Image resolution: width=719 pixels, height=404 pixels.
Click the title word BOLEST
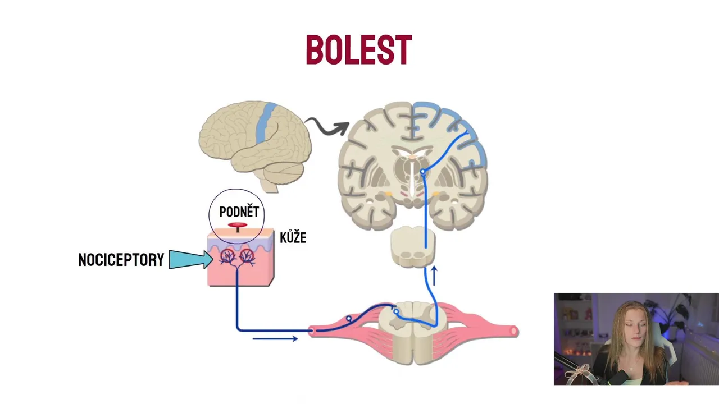click(x=358, y=50)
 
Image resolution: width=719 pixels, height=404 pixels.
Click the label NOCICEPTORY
click(x=121, y=260)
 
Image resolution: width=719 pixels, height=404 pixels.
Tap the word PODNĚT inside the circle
click(x=239, y=212)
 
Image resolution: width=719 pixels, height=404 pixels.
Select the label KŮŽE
click(x=293, y=237)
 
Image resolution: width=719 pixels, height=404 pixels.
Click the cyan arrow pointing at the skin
click(x=190, y=259)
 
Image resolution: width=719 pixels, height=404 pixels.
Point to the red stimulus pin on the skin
click(x=238, y=226)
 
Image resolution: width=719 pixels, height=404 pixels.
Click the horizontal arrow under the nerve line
click(x=275, y=338)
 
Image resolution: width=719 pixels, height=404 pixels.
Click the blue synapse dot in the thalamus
click(x=422, y=173)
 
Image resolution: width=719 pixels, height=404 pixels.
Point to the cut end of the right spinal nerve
click(x=514, y=332)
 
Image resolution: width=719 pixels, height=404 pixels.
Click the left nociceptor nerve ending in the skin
click(x=228, y=257)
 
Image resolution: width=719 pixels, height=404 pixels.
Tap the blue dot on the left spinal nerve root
click(x=349, y=319)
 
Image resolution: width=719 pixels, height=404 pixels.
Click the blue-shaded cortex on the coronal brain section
click(x=449, y=121)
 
